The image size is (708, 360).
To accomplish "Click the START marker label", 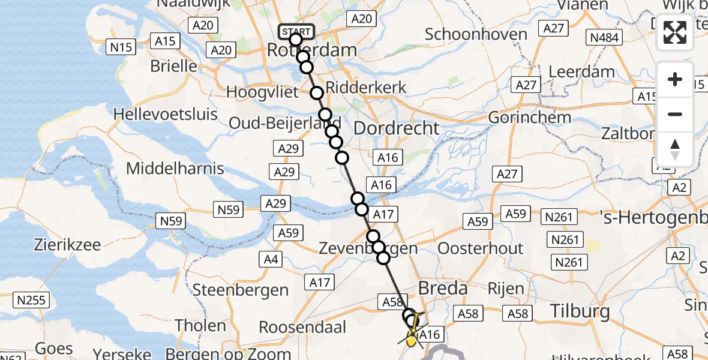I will (296, 31).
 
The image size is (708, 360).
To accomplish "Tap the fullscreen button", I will (675, 32).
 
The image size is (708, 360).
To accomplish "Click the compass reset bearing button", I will (675, 149).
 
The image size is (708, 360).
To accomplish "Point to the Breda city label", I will (443, 289).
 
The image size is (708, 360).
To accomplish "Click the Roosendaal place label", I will (302, 328).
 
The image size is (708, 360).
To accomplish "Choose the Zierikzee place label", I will (67, 245).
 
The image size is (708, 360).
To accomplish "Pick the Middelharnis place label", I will (175, 169).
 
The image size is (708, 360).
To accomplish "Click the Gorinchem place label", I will (530, 117).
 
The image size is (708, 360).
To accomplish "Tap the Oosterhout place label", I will (481, 248).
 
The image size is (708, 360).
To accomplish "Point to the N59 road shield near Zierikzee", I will (171, 222).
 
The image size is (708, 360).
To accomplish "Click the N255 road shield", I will (32, 300).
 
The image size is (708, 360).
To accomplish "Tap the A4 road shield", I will (271, 259).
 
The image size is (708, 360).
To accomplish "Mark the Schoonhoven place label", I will (476, 34).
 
